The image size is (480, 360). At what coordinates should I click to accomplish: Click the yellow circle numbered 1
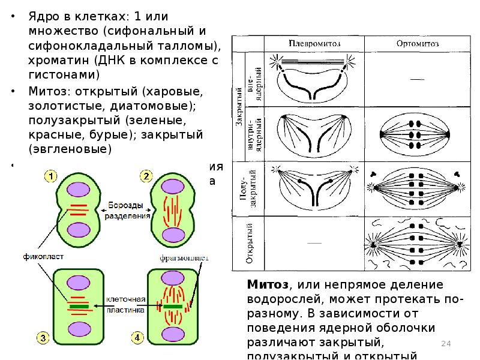click(51, 176)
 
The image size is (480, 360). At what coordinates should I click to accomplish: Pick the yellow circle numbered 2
click(146, 176)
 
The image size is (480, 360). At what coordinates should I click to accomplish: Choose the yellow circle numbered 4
click(137, 339)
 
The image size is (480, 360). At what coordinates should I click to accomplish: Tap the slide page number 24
click(446, 343)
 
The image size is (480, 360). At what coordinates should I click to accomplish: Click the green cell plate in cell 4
click(172, 306)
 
